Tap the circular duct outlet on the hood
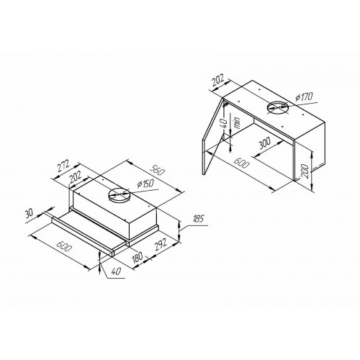tap(117, 194)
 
